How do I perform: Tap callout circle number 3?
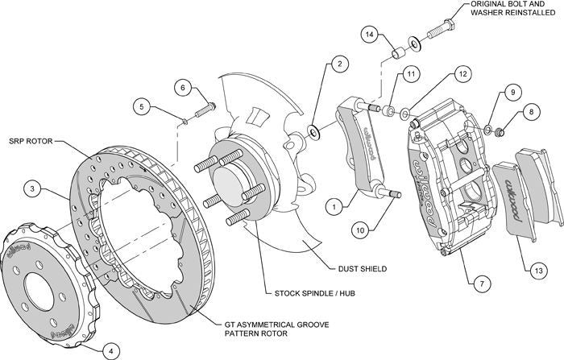click(x=31, y=189)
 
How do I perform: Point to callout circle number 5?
click(x=143, y=105)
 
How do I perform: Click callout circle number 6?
click(x=182, y=88)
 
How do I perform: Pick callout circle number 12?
click(x=461, y=74)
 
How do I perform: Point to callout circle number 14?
click(x=369, y=35)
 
